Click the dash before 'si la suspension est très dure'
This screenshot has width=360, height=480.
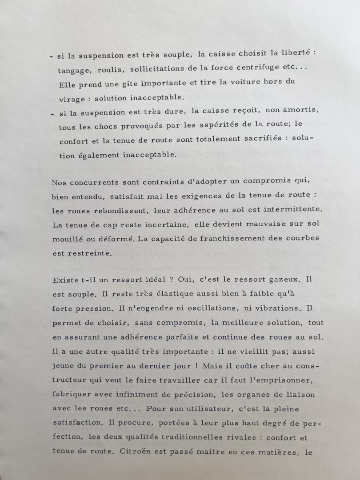pyautogui.click(x=52, y=113)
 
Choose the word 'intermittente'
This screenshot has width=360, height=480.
pyautogui.click(x=289, y=209)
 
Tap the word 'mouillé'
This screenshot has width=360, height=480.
pyautogui.click(x=68, y=238)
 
